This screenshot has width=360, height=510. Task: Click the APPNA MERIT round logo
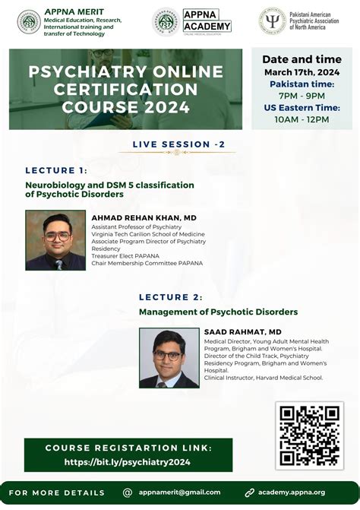29,21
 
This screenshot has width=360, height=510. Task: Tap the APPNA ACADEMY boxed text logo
207,21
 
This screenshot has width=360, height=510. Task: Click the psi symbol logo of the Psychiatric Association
272,21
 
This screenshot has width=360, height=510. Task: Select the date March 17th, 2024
302,73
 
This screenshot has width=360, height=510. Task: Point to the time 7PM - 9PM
302,97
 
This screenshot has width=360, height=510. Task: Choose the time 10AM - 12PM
302,119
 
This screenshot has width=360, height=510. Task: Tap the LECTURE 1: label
56,170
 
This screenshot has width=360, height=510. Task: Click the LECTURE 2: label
171,296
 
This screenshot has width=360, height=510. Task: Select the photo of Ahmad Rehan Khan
55,240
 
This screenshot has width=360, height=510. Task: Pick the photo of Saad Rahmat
169,358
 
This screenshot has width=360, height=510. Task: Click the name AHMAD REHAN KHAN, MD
144,217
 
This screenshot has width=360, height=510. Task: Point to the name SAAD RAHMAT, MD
242,332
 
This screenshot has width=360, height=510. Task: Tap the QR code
309,436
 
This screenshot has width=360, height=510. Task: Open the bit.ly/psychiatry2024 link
128,461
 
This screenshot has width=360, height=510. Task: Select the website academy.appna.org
292,493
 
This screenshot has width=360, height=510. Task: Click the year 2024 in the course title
166,107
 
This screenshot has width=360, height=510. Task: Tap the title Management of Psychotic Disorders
218,312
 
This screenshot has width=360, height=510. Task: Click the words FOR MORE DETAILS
58,493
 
